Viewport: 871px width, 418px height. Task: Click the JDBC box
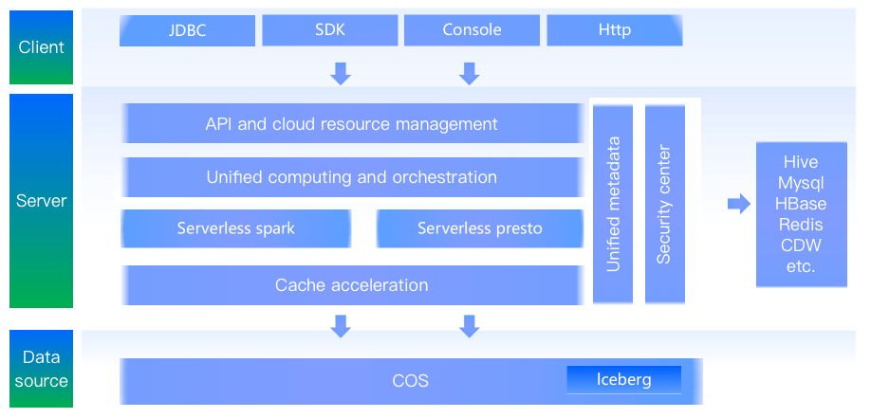click(187, 30)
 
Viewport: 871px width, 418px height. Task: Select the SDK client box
click(329, 30)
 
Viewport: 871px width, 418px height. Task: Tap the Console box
click(472, 30)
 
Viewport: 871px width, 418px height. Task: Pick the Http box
click(614, 30)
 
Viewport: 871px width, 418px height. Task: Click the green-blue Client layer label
click(41, 46)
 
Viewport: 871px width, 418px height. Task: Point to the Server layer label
click(41, 201)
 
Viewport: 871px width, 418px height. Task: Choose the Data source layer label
click(41, 369)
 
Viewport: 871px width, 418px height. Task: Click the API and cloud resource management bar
click(351, 124)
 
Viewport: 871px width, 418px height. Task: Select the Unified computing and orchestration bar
click(351, 177)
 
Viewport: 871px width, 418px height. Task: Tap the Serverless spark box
click(235, 228)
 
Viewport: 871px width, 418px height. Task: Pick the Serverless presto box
click(479, 228)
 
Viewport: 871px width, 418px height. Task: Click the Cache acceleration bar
click(351, 285)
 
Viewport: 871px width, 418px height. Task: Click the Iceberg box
click(623, 380)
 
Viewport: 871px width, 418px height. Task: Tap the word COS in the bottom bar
click(410, 381)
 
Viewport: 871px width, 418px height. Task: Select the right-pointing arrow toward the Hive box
click(738, 204)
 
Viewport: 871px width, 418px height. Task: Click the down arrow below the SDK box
click(341, 73)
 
